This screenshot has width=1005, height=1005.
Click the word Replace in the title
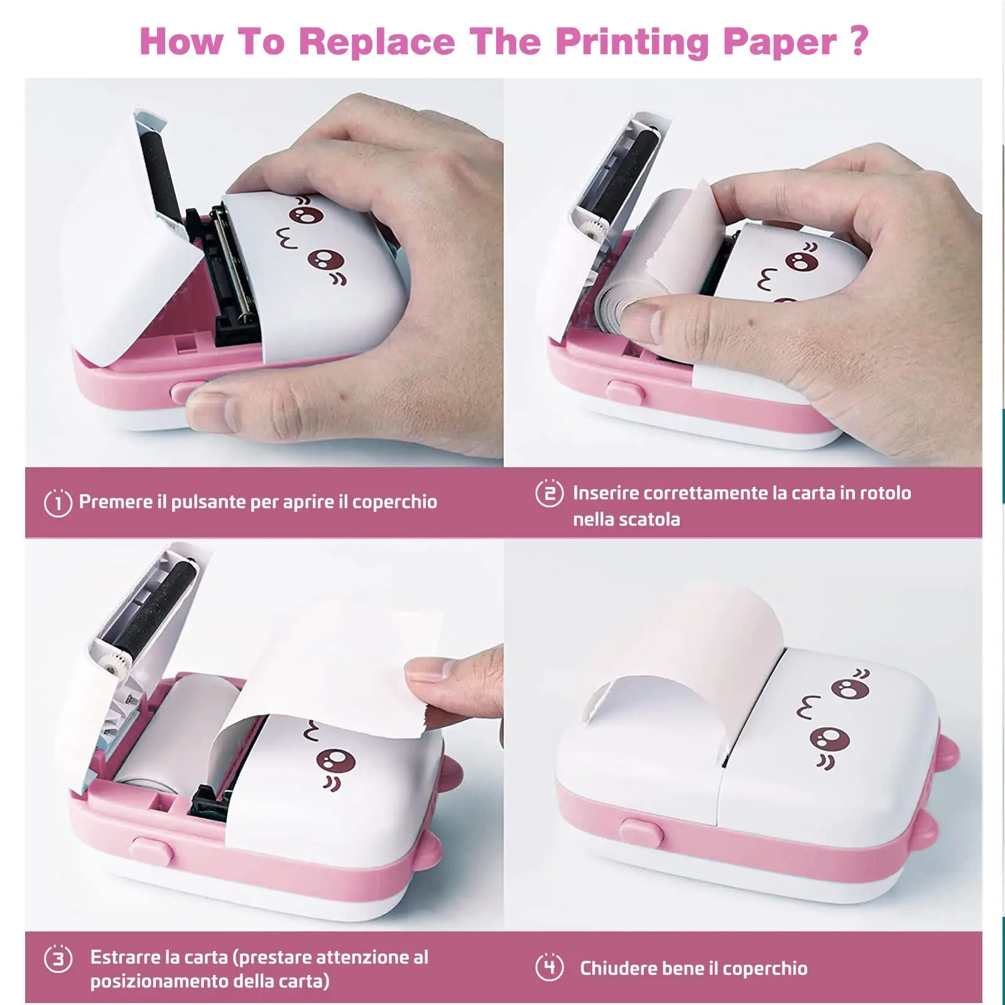(x=377, y=41)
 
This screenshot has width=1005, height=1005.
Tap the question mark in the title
(x=859, y=40)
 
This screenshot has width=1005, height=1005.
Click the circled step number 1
(x=58, y=503)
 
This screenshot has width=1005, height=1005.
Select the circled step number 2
(x=549, y=494)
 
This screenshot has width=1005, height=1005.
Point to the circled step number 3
(x=58, y=959)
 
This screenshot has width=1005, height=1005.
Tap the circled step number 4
(x=550, y=967)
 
